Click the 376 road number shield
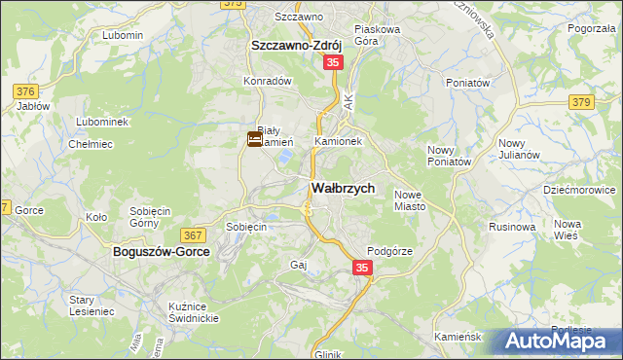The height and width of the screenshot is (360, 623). pos(26,91)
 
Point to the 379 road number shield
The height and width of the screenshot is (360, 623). pos(581,102)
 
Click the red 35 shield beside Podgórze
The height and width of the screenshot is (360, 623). pos(361,268)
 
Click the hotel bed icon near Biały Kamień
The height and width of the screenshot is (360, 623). pos(254,139)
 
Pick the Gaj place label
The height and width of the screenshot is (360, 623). pos(299,265)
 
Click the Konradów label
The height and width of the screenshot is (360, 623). pos(269,82)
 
